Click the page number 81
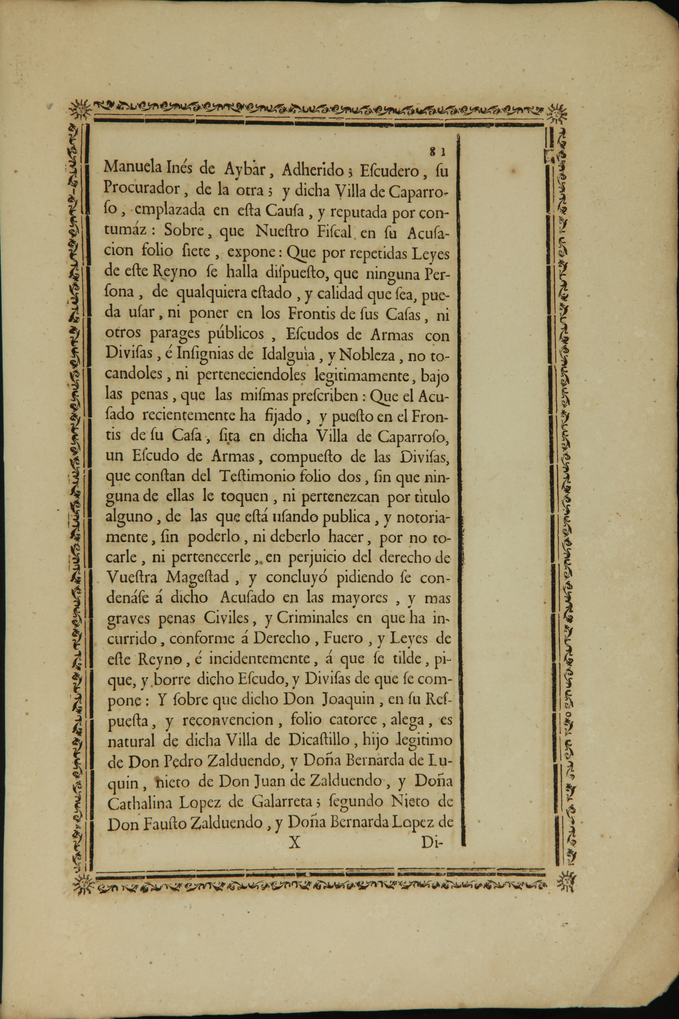437,152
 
